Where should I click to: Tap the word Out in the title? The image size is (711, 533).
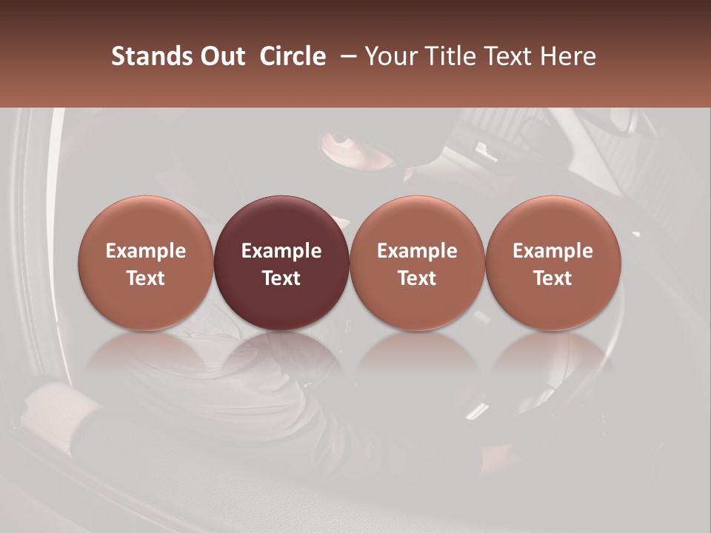(221, 56)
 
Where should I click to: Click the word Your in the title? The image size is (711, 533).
(388, 56)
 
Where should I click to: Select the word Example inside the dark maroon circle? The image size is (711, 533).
(281, 251)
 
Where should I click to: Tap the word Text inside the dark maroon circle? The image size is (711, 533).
(281, 278)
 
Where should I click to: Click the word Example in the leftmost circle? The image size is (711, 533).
(145, 251)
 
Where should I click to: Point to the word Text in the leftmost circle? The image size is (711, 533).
(145, 278)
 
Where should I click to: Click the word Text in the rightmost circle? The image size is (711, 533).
(553, 278)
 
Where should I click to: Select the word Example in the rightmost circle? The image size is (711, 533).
(553, 251)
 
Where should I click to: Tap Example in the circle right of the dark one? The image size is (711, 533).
(417, 251)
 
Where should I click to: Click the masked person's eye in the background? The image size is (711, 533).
(341, 139)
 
